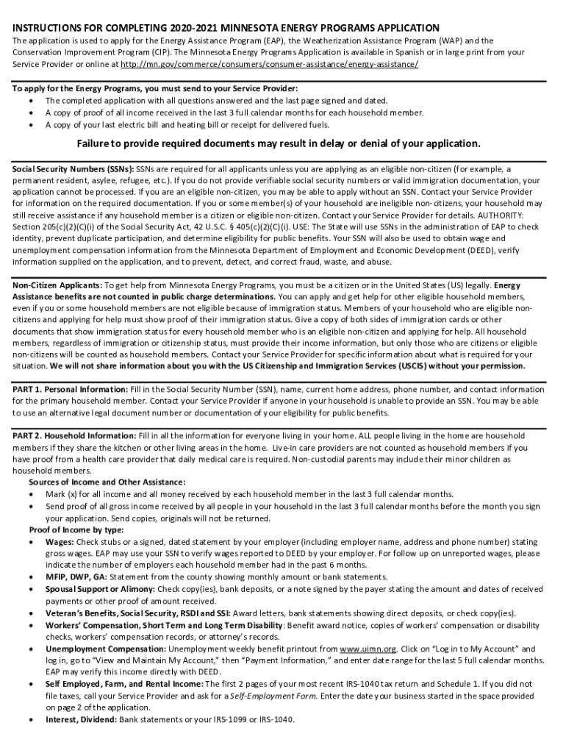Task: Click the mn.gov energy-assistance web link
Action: (270, 64)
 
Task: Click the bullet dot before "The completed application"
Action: (30, 101)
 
